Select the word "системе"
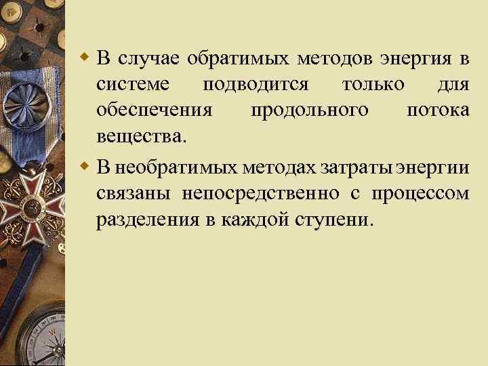coord(130,85)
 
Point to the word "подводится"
coord(256,85)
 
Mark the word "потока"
coord(438,110)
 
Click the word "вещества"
coord(140,136)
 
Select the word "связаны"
coord(134,194)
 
